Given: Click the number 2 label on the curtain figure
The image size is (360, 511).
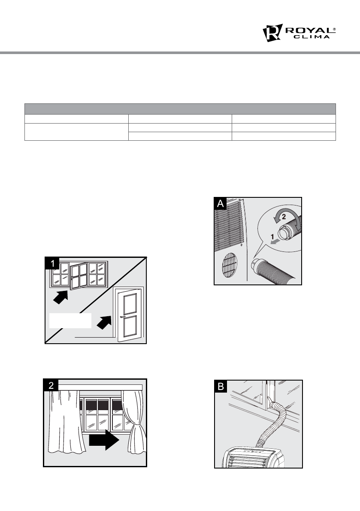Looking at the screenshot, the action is tap(51, 385).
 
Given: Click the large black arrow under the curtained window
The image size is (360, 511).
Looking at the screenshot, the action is tap(103, 438).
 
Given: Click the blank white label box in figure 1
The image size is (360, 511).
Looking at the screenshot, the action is tap(70, 321).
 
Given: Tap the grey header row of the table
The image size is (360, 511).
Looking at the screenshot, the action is tap(180, 108).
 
